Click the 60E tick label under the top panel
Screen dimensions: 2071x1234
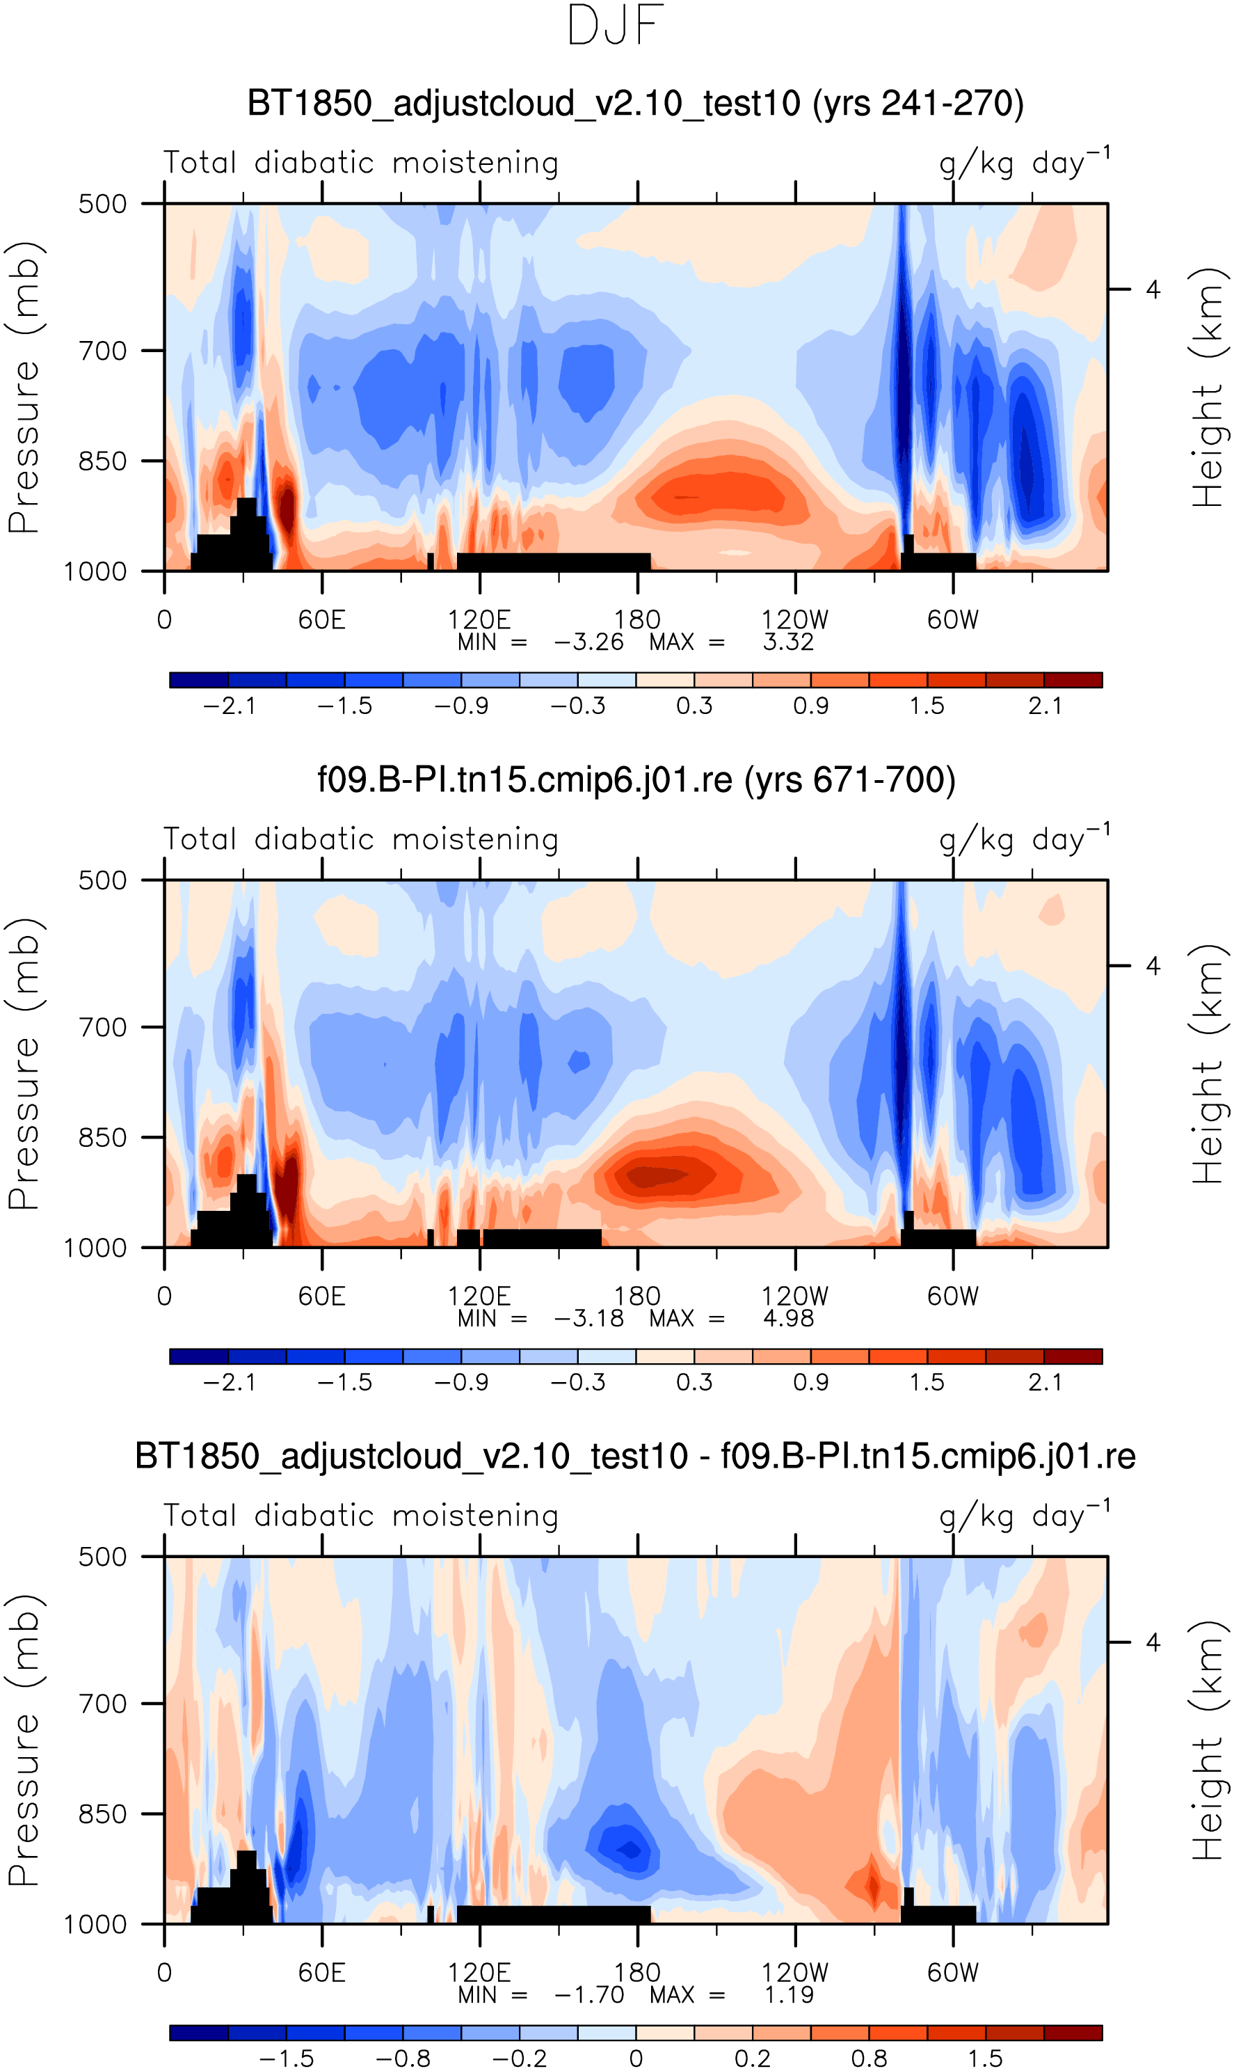(322, 619)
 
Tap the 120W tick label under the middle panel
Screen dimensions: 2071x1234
(795, 1296)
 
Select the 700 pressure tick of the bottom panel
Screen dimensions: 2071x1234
(102, 1704)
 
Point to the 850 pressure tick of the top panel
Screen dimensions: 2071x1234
(102, 461)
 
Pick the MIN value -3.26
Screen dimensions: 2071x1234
(588, 642)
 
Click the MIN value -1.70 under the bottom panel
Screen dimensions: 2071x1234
(588, 1994)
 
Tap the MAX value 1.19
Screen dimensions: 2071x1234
(788, 1994)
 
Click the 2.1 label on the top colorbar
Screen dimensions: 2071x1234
(1044, 706)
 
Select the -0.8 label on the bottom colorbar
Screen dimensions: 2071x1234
(403, 2058)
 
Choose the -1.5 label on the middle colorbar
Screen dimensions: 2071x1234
(345, 1382)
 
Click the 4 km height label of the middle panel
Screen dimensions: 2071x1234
(1153, 966)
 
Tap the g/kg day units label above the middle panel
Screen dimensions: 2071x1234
(1024, 840)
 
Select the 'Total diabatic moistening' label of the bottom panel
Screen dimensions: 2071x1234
(361, 1516)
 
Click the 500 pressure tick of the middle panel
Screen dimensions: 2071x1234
(102, 880)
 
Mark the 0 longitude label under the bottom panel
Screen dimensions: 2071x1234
(165, 1972)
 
